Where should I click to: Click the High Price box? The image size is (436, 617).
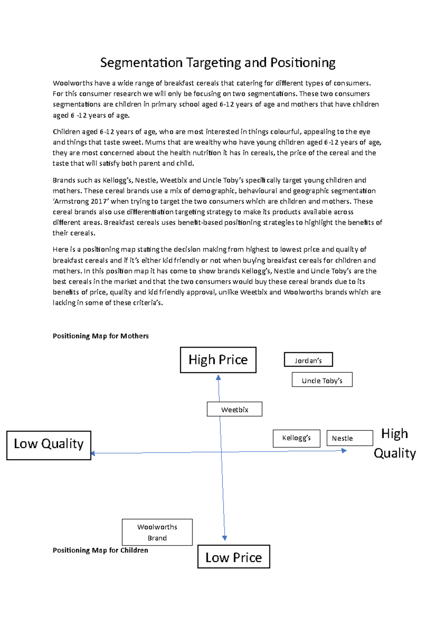(x=218, y=360)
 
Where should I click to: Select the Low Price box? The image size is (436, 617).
(x=234, y=557)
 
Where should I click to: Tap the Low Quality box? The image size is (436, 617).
(x=49, y=445)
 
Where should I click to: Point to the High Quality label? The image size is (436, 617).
(x=395, y=443)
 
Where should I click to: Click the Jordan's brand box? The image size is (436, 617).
(x=308, y=360)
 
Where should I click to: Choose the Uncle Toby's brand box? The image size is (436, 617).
(x=322, y=380)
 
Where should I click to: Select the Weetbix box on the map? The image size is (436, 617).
(x=234, y=409)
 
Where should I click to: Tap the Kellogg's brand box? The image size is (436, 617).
(x=296, y=438)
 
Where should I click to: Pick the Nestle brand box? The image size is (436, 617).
(x=350, y=438)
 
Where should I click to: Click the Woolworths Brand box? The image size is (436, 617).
(x=157, y=532)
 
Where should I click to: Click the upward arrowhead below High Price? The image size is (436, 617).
(x=218, y=378)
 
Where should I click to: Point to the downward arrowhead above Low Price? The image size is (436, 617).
(x=225, y=538)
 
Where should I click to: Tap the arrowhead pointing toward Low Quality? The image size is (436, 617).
(x=93, y=453)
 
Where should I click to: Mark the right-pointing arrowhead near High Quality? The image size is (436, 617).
(x=344, y=451)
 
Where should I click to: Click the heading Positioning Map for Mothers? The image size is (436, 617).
(x=101, y=336)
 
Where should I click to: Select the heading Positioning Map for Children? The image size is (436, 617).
(x=100, y=550)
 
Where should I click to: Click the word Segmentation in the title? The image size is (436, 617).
(x=141, y=63)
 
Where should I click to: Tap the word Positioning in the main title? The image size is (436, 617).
(x=303, y=63)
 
